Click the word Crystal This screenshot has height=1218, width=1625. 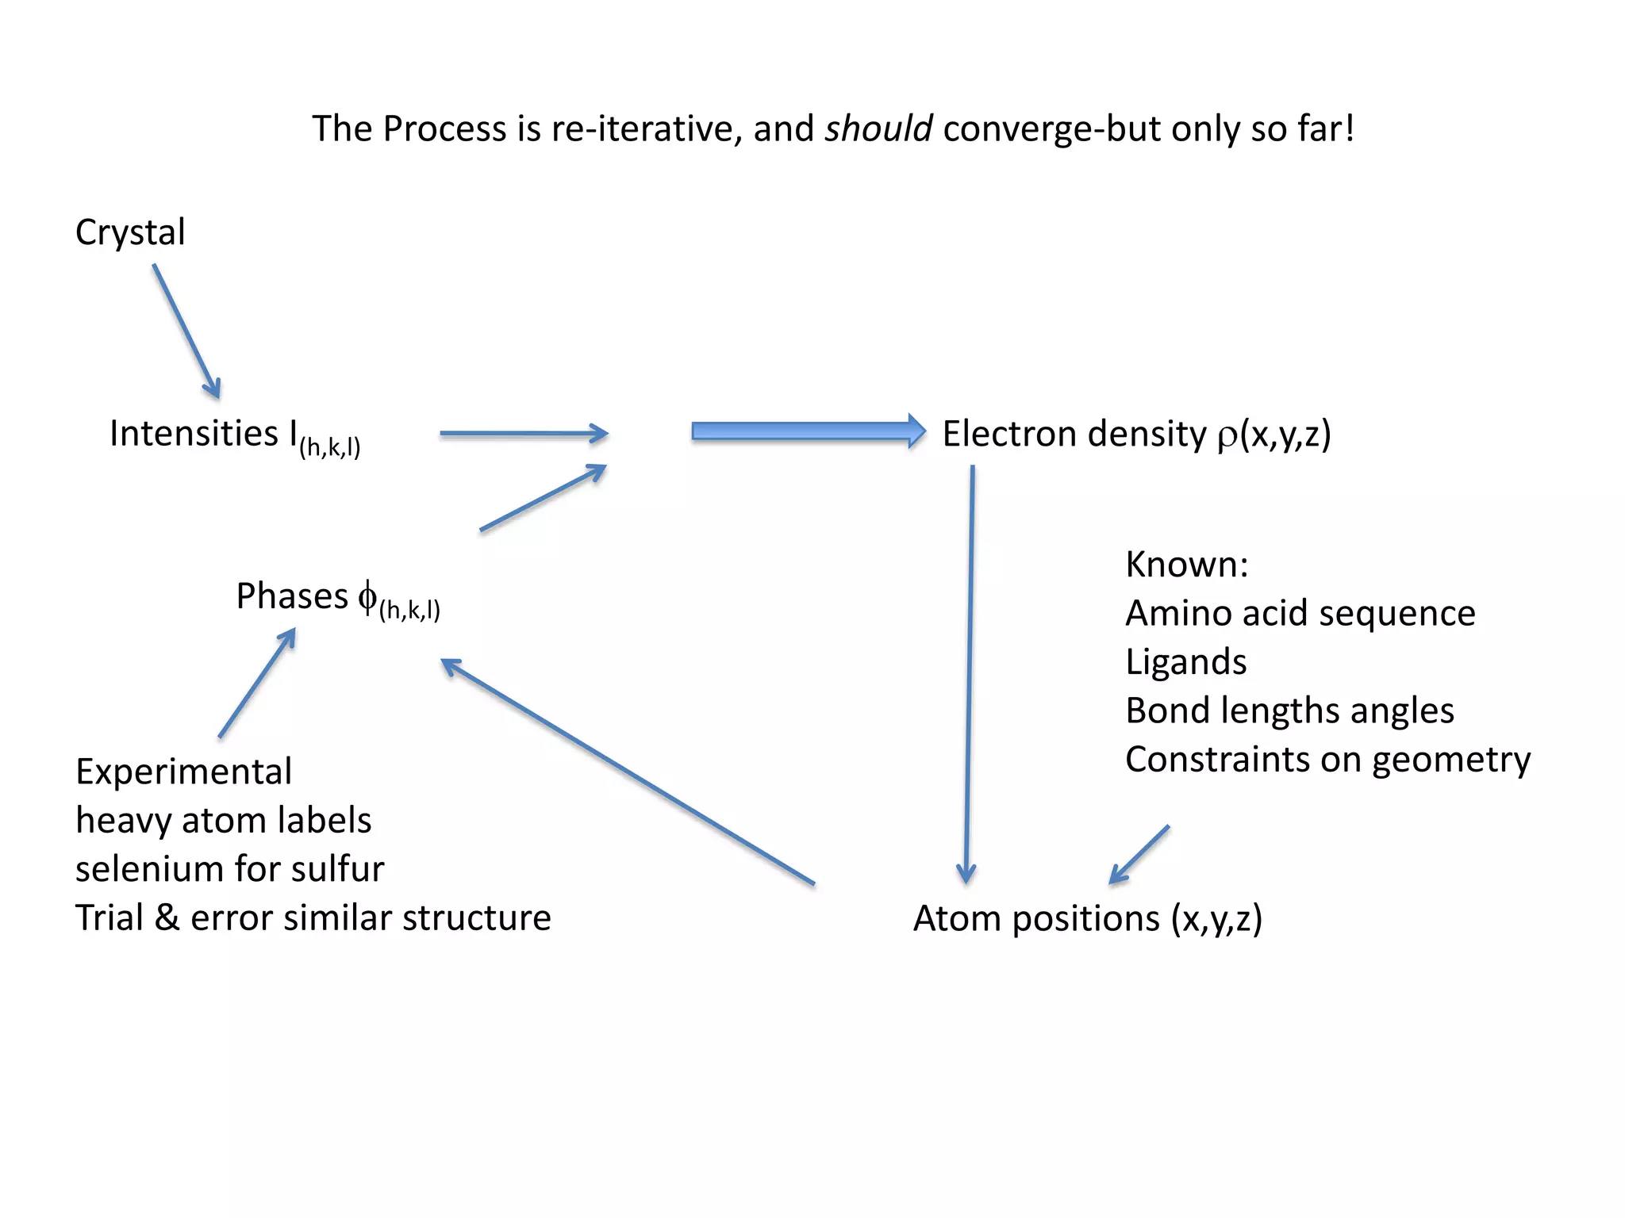(x=130, y=233)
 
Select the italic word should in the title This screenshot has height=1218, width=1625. (x=878, y=129)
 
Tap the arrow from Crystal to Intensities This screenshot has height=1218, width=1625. (x=186, y=331)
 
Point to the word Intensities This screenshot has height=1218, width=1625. (x=194, y=434)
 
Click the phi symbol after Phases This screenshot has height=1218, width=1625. (x=367, y=596)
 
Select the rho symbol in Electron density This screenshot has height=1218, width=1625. (x=1227, y=436)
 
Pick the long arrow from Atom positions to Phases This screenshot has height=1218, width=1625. (x=627, y=771)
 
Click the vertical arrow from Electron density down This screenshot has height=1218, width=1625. (x=969, y=674)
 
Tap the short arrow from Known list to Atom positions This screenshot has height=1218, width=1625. (x=1139, y=855)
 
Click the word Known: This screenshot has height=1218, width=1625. (x=1186, y=565)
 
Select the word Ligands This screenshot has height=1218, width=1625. (x=1185, y=662)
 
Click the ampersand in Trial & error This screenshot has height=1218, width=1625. (x=167, y=917)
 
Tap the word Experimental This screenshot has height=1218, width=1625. (x=183, y=772)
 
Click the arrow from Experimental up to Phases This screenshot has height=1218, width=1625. (x=257, y=683)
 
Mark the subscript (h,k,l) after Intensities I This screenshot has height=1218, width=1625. (x=330, y=448)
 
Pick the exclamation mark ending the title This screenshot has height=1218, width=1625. (x=1349, y=128)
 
